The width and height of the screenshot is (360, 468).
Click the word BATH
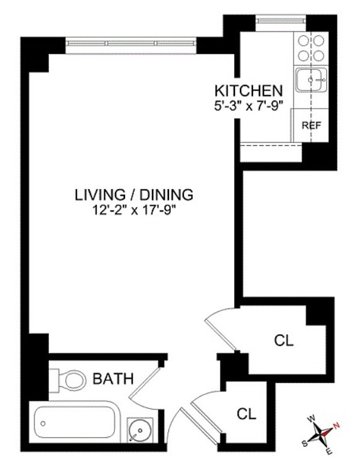[113, 379]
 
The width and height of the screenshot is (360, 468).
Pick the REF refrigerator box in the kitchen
[311, 125]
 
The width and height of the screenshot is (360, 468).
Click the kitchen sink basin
[311, 80]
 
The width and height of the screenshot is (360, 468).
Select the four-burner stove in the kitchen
[311, 48]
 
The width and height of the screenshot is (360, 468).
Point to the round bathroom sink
[138, 432]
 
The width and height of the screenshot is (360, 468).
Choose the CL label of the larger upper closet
[283, 341]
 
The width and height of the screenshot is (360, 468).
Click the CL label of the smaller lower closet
[246, 414]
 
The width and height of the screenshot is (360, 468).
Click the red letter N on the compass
[336, 425]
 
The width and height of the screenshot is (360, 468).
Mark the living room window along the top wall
[131, 43]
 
